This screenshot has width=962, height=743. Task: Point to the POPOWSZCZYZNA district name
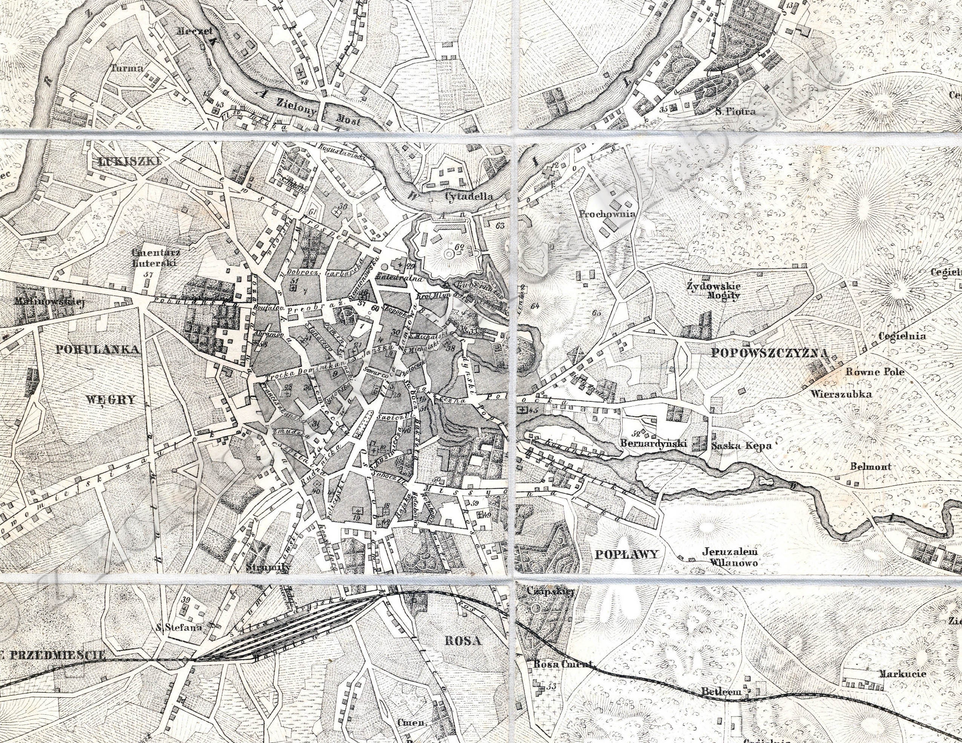coord(770,353)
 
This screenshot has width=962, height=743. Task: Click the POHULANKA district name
coord(97,349)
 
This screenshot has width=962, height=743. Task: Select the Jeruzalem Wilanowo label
coord(729,557)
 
